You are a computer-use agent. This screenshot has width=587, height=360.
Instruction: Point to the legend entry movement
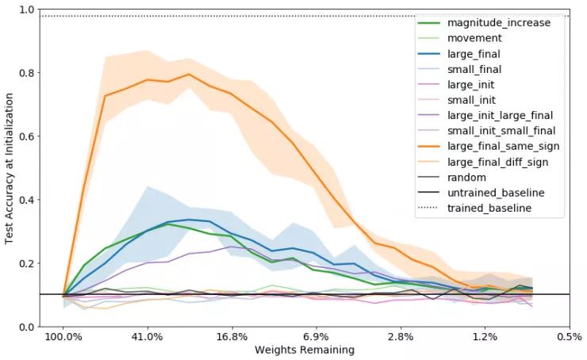coord(474,38)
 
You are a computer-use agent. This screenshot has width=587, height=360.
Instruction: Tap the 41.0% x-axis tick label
coord(148,336)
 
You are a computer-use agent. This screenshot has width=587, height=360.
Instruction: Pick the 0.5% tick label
coord(570,336)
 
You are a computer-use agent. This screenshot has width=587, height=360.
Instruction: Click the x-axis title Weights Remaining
coord(305,350)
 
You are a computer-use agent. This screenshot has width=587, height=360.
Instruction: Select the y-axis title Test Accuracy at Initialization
coord(10,167)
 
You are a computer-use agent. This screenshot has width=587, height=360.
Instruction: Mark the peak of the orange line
coord(189,75)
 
